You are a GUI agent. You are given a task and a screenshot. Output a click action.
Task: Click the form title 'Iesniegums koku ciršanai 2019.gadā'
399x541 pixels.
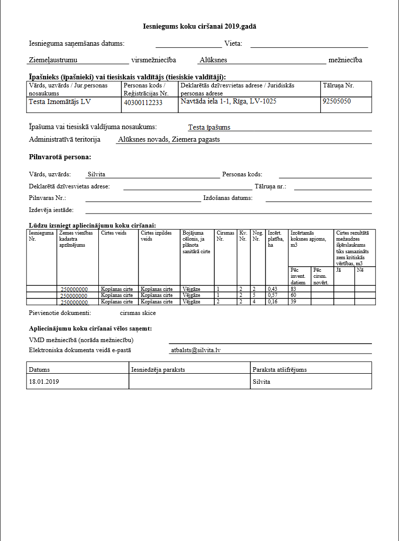199,26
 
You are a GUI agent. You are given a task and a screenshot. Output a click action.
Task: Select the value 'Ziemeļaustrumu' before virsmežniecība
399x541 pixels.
53,60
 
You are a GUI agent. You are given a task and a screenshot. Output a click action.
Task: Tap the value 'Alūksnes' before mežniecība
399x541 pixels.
213,60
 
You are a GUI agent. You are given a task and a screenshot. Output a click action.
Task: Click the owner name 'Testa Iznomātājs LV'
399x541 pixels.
60,101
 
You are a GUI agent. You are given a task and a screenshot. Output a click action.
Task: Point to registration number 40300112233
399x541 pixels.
143,102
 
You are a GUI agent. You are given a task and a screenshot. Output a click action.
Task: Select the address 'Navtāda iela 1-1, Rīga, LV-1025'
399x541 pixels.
228,101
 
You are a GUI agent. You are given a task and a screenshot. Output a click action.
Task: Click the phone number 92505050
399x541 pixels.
337,101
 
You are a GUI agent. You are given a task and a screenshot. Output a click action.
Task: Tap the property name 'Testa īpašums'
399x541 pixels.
209,127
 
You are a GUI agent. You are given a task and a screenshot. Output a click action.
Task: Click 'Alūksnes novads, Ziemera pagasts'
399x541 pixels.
169,140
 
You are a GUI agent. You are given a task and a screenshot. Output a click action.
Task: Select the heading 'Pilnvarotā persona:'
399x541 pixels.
60,157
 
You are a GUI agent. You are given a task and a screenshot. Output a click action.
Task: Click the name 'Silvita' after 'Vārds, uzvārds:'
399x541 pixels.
96,174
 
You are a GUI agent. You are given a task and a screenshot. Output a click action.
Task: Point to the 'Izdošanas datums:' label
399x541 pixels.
227,198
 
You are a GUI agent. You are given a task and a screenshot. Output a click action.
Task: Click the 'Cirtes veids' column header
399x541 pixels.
113,233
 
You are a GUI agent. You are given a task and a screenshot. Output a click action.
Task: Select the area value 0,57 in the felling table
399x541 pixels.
273,295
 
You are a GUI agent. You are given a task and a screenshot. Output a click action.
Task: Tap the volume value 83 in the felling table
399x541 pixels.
294,289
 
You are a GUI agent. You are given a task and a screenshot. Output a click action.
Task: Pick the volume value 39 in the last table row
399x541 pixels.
294,301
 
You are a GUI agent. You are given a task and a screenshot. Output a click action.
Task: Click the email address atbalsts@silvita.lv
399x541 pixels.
195,350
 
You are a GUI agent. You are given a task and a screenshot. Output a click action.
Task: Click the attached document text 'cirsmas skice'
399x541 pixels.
138,313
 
